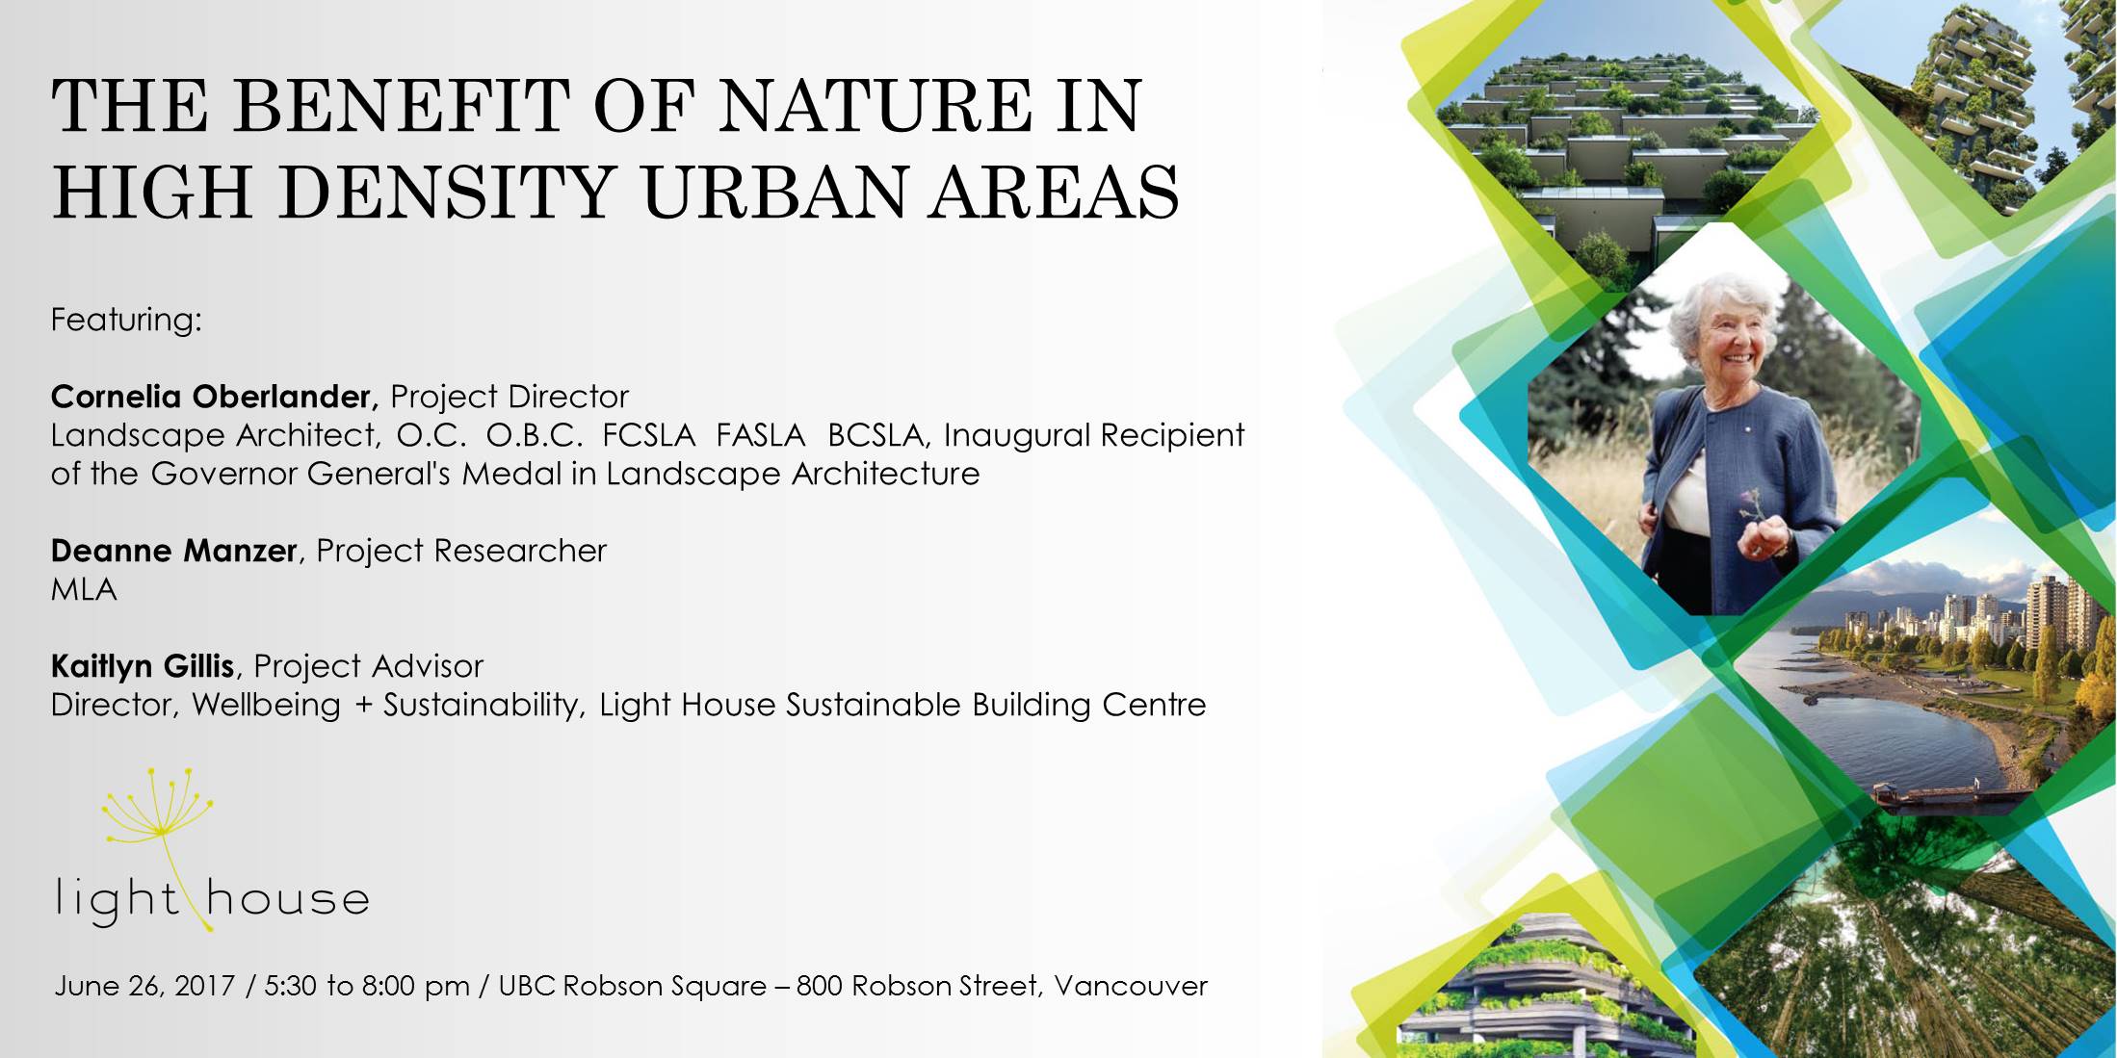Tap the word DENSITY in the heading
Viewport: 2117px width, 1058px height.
pos(448,192)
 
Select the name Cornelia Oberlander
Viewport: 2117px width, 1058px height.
pos(211,397)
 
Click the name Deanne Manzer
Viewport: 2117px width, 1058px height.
pos(173,551)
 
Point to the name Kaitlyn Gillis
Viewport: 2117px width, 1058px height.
pos(143,666)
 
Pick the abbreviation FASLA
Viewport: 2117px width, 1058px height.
pos(761,435)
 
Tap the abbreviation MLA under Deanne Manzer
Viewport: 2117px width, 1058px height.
pos(84,589)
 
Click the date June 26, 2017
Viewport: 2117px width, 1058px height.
pos(144,986)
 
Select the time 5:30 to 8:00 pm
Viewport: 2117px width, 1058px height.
pos(367,986)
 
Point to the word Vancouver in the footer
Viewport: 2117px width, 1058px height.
pos(1131,986)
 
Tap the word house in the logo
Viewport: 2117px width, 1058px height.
pos(288,898)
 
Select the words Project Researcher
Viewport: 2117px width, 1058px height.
pos(461,551)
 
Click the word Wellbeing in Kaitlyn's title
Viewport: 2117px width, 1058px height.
pos(267,705)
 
